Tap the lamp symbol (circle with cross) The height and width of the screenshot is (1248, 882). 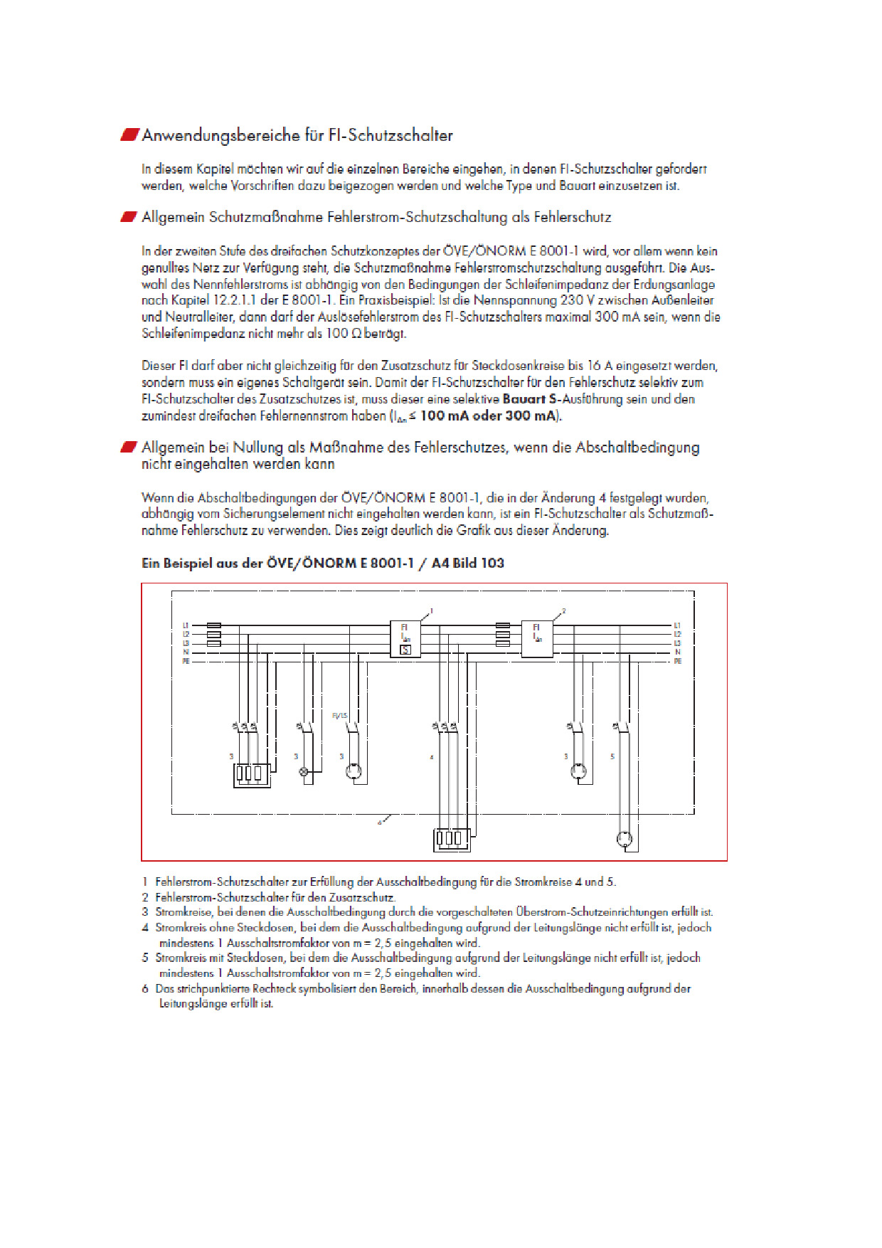point(304,771)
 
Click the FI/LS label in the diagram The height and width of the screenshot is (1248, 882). point(339,715)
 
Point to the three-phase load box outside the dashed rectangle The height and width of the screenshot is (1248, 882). point(451,838)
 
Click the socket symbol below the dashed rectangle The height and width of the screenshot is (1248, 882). point(625,838)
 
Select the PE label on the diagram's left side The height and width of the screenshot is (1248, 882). point(186,662)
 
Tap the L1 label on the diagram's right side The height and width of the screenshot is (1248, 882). point(677,625)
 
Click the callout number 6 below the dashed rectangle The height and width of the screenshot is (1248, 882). point(380,823)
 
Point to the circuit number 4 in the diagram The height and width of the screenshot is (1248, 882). point(432,757)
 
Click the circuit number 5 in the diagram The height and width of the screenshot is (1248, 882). point(612,756)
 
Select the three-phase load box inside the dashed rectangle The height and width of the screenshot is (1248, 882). point(252,774)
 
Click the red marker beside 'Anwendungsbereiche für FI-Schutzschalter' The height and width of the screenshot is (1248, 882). point(129,135)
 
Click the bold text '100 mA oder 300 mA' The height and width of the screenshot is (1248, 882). point(489,416)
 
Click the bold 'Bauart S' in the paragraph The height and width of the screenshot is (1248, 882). point(530,399)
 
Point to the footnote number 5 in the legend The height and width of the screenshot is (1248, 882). point(145,958)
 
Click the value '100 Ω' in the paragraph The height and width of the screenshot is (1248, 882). point(344,334)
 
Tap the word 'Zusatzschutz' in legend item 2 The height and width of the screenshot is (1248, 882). point(363,898)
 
